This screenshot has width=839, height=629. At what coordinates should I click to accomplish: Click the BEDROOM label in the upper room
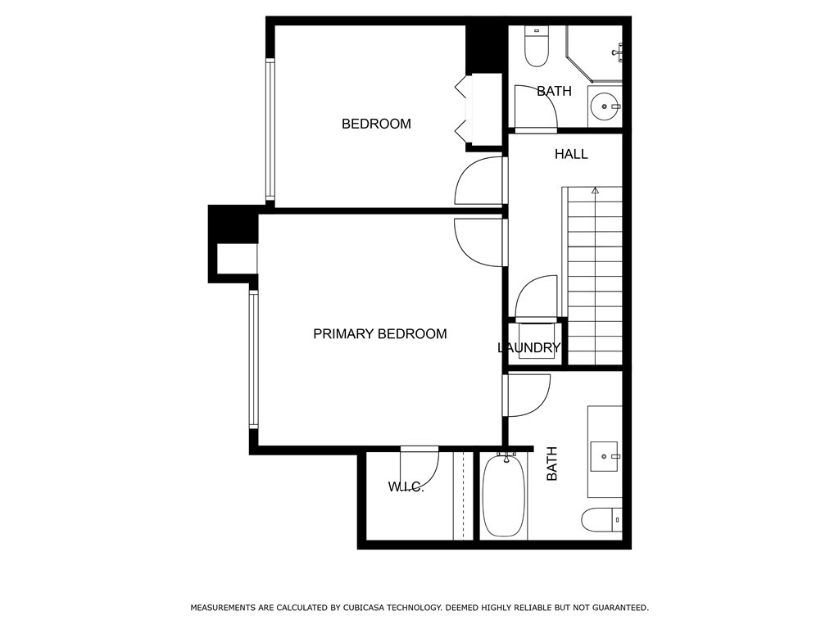pyautogui.click(x=376, y=124)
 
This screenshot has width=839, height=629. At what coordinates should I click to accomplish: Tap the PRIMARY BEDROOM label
pyautogui.click(x=380, y=334)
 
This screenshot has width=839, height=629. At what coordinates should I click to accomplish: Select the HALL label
pyautogui.click(x=571, y=155)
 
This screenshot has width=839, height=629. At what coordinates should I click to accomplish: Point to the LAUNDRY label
pyautogui.click(x=528, y=347)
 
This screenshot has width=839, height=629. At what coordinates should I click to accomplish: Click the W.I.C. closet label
pyautogui.click(x=406, y=487)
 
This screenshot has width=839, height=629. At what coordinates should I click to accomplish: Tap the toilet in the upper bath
pyautogui.click(x=536, y=46)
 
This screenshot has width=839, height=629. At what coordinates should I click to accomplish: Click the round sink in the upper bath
pyautogui.click(x=605, y=106)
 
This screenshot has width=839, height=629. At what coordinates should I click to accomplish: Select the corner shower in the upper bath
pyautogui.click(x=594, y=54)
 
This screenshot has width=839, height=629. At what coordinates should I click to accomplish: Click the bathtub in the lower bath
pyautogui.click(x=504, y=496)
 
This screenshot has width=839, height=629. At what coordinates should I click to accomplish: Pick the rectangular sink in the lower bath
pyautogui.click(x=604, y=457)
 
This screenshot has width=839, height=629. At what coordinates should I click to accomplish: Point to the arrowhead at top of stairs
pyautogui.click(x=595, y=190)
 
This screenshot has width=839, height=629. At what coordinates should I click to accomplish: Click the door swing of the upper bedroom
pyautogui.click(x=479, y=181)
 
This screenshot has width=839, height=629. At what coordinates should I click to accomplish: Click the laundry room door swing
pyautogui.click(x=536, y=297)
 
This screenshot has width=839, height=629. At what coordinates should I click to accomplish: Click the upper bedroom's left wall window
pyautogui.click(x=270, y=130)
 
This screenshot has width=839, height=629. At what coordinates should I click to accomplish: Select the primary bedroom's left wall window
pyautogui.click(x=254, y=359)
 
